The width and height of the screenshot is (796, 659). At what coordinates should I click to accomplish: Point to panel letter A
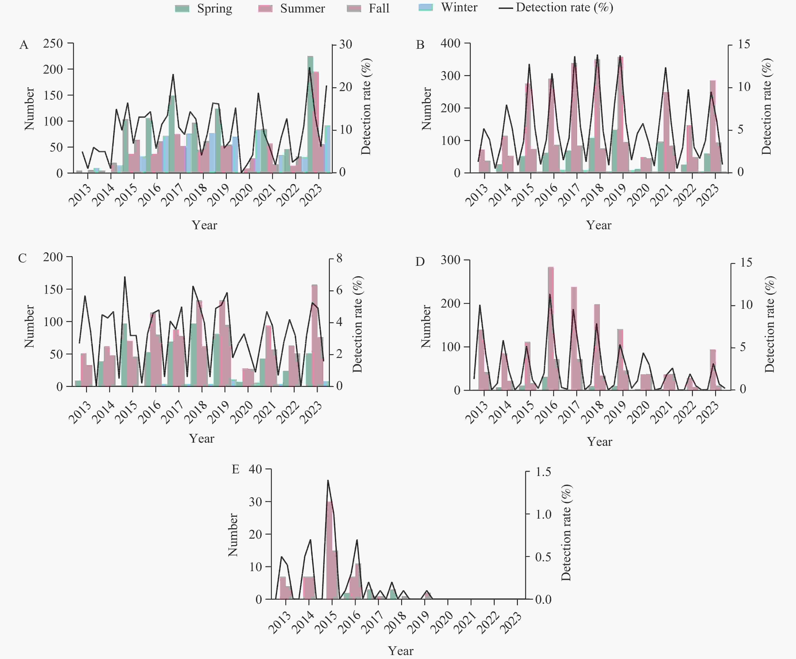click(24, 45)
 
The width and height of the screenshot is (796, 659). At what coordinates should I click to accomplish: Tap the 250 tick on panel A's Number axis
click(53, 44)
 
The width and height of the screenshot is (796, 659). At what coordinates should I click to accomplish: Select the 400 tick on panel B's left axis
click(450, 43)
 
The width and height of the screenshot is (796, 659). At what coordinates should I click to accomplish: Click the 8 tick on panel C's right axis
click(339, 258)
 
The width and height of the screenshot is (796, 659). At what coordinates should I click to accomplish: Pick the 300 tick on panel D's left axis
click(450, 260)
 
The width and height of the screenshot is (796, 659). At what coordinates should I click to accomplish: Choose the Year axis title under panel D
click(599, 441)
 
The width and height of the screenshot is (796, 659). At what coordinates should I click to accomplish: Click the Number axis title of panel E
click(233, 535)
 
